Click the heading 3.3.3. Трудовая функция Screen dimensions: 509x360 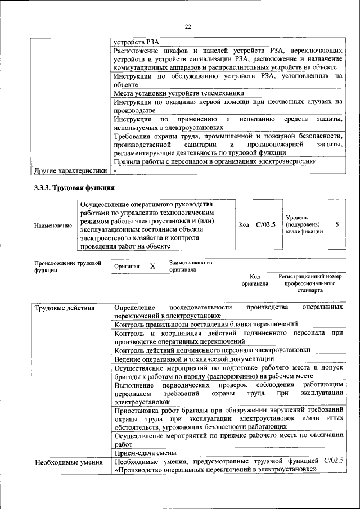pos(75,188)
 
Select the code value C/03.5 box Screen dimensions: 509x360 pos(265,224)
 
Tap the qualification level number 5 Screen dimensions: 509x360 pos(337,224)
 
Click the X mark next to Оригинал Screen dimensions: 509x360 pos(152,266)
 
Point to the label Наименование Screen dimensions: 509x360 pos(53,226)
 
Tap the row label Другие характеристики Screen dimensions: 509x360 pos(70,170)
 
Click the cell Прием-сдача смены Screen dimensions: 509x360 pos(145,453)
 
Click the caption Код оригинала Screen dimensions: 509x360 pos(255,280)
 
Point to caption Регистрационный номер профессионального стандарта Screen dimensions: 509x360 pos(310,284)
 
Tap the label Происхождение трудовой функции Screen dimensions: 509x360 pos(67,266)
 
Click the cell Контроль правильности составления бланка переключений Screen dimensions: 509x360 pos(205,324)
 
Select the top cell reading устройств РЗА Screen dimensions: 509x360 pos(132,42)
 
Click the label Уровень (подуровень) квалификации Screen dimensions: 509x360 pos(304,224)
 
